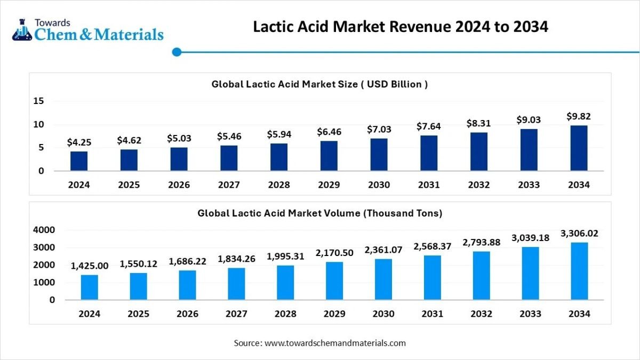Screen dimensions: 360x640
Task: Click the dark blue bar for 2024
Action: pos(79,161)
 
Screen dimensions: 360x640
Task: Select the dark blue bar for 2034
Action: pos(579,148)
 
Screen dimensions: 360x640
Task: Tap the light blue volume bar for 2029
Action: pos(334,281)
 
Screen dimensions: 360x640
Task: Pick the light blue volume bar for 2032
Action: pos(481,275)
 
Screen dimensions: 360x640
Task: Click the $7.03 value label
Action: pos(379,130)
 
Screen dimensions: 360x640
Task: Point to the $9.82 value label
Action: pos(579,116)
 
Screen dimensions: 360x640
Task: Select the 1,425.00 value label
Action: pos(89,266)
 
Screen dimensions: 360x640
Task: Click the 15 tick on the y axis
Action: pos(39,101)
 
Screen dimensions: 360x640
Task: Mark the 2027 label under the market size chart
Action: pos(229,185)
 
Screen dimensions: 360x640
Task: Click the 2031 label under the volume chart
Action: pos(432,314)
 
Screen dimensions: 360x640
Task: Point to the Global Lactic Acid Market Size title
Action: pos(319,84)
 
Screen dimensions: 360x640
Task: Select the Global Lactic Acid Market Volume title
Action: pos(319,213)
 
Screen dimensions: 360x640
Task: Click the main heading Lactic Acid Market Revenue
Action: pos(401,27)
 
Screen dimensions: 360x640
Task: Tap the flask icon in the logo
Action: pos(22,30)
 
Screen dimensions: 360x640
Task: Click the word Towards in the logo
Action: pos(52,22)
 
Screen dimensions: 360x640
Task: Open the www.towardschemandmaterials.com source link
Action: pos(335,343)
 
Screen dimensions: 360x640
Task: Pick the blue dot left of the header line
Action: pos(178,52)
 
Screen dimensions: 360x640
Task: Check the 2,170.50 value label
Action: pos(334,253)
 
